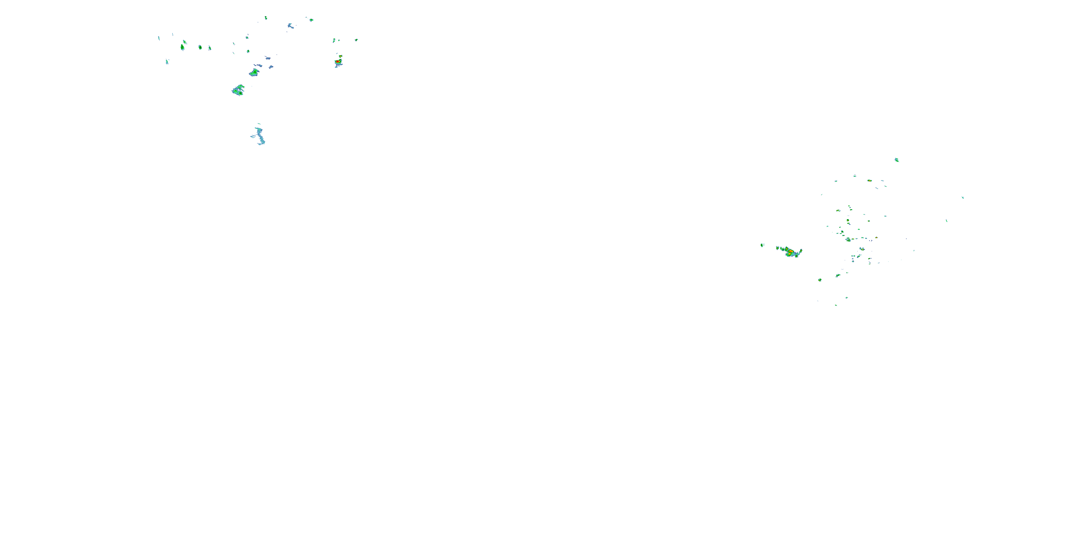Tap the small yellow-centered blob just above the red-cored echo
[340, 56]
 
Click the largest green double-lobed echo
[238, 90]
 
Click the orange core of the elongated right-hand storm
[790, 252]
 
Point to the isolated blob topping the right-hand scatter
[896, 160]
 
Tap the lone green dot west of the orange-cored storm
[762, 245]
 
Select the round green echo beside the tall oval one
[200, 47]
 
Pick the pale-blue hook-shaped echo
[290, 26]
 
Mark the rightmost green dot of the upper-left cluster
[356, 40]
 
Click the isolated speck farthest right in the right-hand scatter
[962, 198]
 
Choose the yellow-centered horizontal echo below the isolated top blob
[869, 180]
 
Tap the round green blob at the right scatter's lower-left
[820, 280]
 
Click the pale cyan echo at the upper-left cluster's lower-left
[167, 62]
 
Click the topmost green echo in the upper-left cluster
[266, 18]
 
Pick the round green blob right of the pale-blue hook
[311, 20]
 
